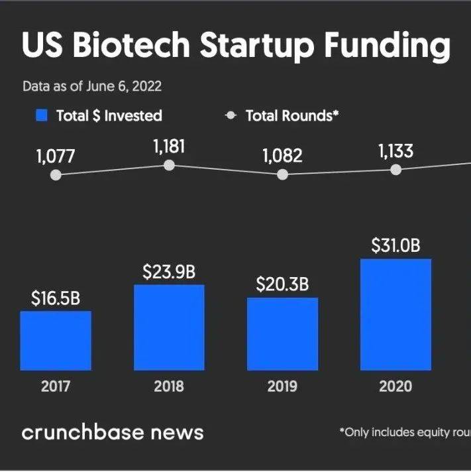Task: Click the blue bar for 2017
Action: pyautogui.click(x=56, y=341)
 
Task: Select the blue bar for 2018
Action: pyautogui.click(x=169, y=327)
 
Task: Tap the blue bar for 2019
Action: pyautogui.click(x=282, y=334)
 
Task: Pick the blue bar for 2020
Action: pyautogui.click(x=395, y=314)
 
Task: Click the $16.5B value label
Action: pyautogui.click(x=56, y=298)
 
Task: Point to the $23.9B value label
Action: pyautogui.click(x=169, y=272)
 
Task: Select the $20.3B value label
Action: pyautogui.click(x=282, y=284)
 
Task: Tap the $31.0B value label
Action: pyautogui.click(x=395, y=245)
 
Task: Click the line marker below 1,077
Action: pyautogui.click(x=56, y=175)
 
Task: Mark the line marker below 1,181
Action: pyautogui.click(x=170, y=165)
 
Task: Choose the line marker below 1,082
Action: pyautogui.click(x=282, y=174)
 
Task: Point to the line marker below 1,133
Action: pyautogui.click(x=395, y=170)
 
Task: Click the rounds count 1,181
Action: pyautogui.click(x=169, y=147)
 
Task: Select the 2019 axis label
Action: pyautogui.click(x=282, y=386)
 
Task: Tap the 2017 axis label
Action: pyautogui.click(x=56, y=386)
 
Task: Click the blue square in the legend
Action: pyautogui.click(x=42, y=115)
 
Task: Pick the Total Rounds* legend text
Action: pyautogui.click(x=292, y=115)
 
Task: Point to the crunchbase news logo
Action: pyautogui.click(x=113, y=433)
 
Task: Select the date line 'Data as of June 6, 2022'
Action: pyautogui.click(x=92, y=87)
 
